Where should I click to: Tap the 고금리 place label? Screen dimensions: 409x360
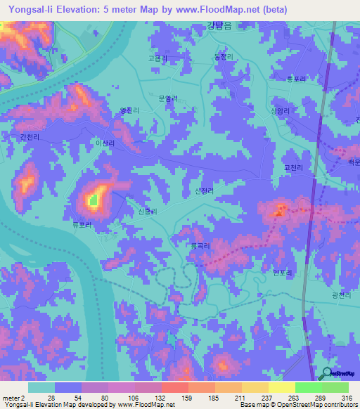[157, 59]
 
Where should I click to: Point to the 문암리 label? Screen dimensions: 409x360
[168, 99]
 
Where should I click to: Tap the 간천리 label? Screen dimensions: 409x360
[31, 138]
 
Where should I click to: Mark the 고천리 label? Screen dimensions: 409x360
[291, 168]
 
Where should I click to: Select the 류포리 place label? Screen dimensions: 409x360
[82, 226]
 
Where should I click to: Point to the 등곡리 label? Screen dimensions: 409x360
[201, 245]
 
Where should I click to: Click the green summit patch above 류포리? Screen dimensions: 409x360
[94, 201]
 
